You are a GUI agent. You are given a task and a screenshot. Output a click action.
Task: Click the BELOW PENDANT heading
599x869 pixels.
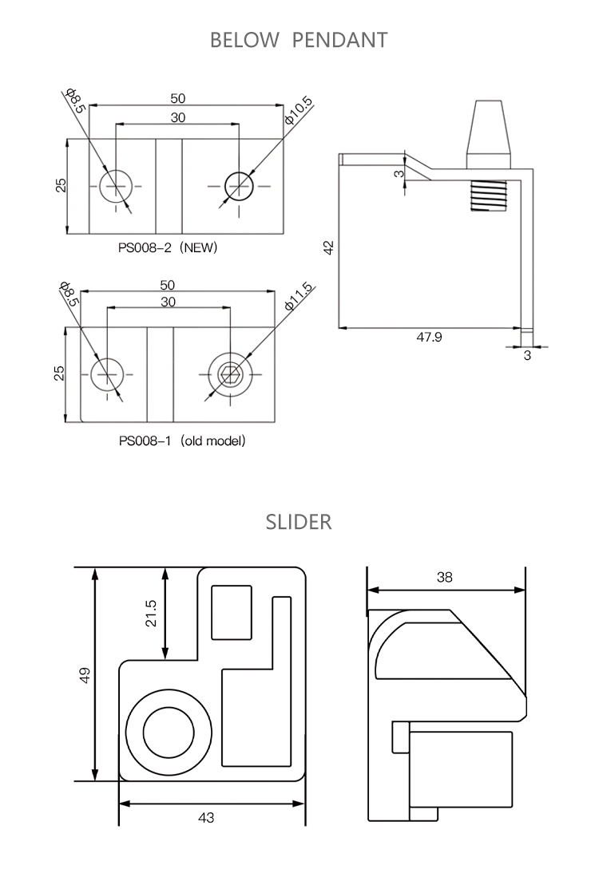tap(298, 40)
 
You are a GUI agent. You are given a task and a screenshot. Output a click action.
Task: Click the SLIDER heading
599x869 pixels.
tap(298, 523)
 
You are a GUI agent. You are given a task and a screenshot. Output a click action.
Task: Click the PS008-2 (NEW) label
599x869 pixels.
tap(168, 248)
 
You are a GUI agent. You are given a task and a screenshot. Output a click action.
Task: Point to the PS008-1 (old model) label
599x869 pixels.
tap(181, 440)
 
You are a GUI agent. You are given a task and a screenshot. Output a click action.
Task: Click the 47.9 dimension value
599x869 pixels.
tap(429, 338)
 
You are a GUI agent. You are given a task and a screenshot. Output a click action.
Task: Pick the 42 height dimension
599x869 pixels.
tap(328, 248)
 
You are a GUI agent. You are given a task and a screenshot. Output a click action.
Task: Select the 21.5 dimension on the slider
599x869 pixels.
tap(151, 614)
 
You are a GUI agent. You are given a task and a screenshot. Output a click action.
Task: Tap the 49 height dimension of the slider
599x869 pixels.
tap(85, 675)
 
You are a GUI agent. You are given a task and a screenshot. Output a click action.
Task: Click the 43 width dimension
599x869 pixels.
tap(206, 817)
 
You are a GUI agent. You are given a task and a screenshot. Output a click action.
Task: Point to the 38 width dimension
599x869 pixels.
tap(445, 578)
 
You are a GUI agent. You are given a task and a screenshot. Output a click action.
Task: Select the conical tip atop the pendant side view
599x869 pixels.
tap(488, 128)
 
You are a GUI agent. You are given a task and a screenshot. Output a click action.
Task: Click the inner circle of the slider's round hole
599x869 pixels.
tap(169, 730)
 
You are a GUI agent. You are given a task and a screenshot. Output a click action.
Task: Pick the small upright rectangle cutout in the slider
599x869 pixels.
tap(232, 612)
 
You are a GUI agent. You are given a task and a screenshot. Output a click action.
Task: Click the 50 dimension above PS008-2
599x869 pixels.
tap(177, 98)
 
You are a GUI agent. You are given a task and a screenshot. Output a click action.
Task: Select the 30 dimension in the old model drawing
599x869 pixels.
tap(168, 302)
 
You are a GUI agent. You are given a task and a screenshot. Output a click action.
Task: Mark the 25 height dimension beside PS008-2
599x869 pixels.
tap(61, 185)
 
